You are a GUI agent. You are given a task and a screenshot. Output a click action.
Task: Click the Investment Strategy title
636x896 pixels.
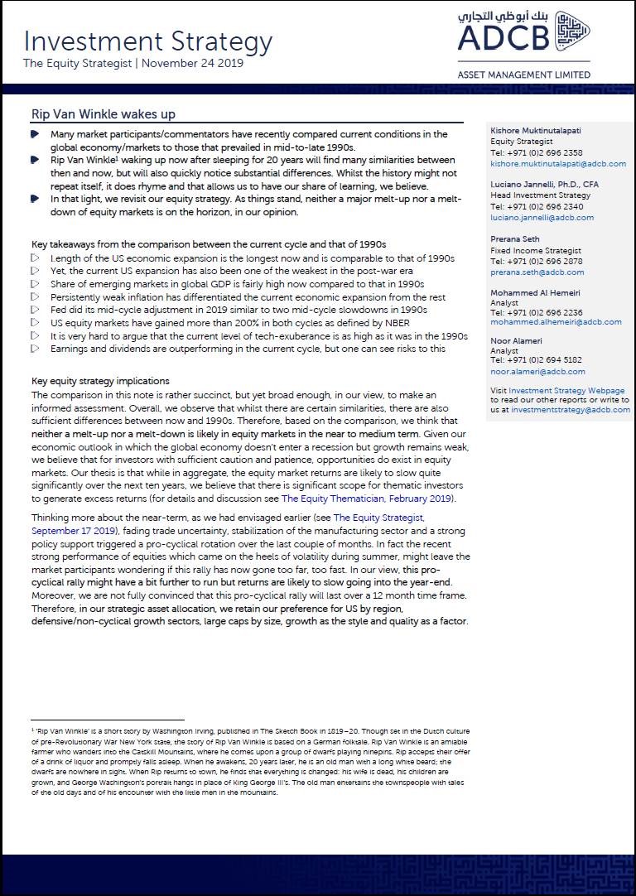coord(147,41)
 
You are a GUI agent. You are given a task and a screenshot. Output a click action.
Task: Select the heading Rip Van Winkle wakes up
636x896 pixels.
coord(103,114)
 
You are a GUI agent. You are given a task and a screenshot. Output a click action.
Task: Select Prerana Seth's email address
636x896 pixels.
coord(537,272)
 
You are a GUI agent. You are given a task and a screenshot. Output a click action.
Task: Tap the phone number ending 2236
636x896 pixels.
coord(536,312)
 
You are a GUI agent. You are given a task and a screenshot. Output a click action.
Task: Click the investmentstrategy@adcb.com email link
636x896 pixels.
coord(571,410)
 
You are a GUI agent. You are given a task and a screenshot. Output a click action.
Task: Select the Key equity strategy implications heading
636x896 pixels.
coord(100,382)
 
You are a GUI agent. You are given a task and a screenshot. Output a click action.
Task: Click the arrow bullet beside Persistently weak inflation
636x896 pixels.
coord(34,296)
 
